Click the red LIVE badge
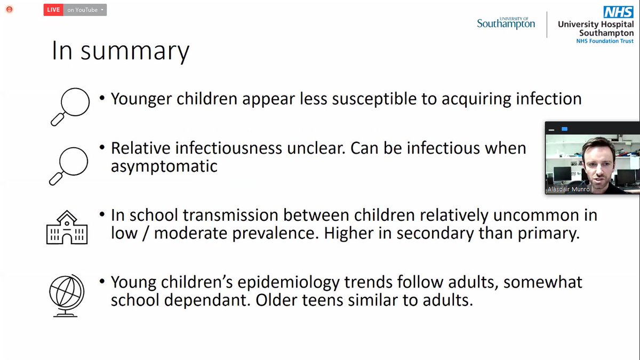pos(53,10)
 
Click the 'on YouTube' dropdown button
pos(85,10)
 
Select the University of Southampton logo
pos(506,22)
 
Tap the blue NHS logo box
pos(618,12)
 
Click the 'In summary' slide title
pos(120,51)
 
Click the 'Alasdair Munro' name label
pos(569,189)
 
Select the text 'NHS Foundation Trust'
pos(605,41)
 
